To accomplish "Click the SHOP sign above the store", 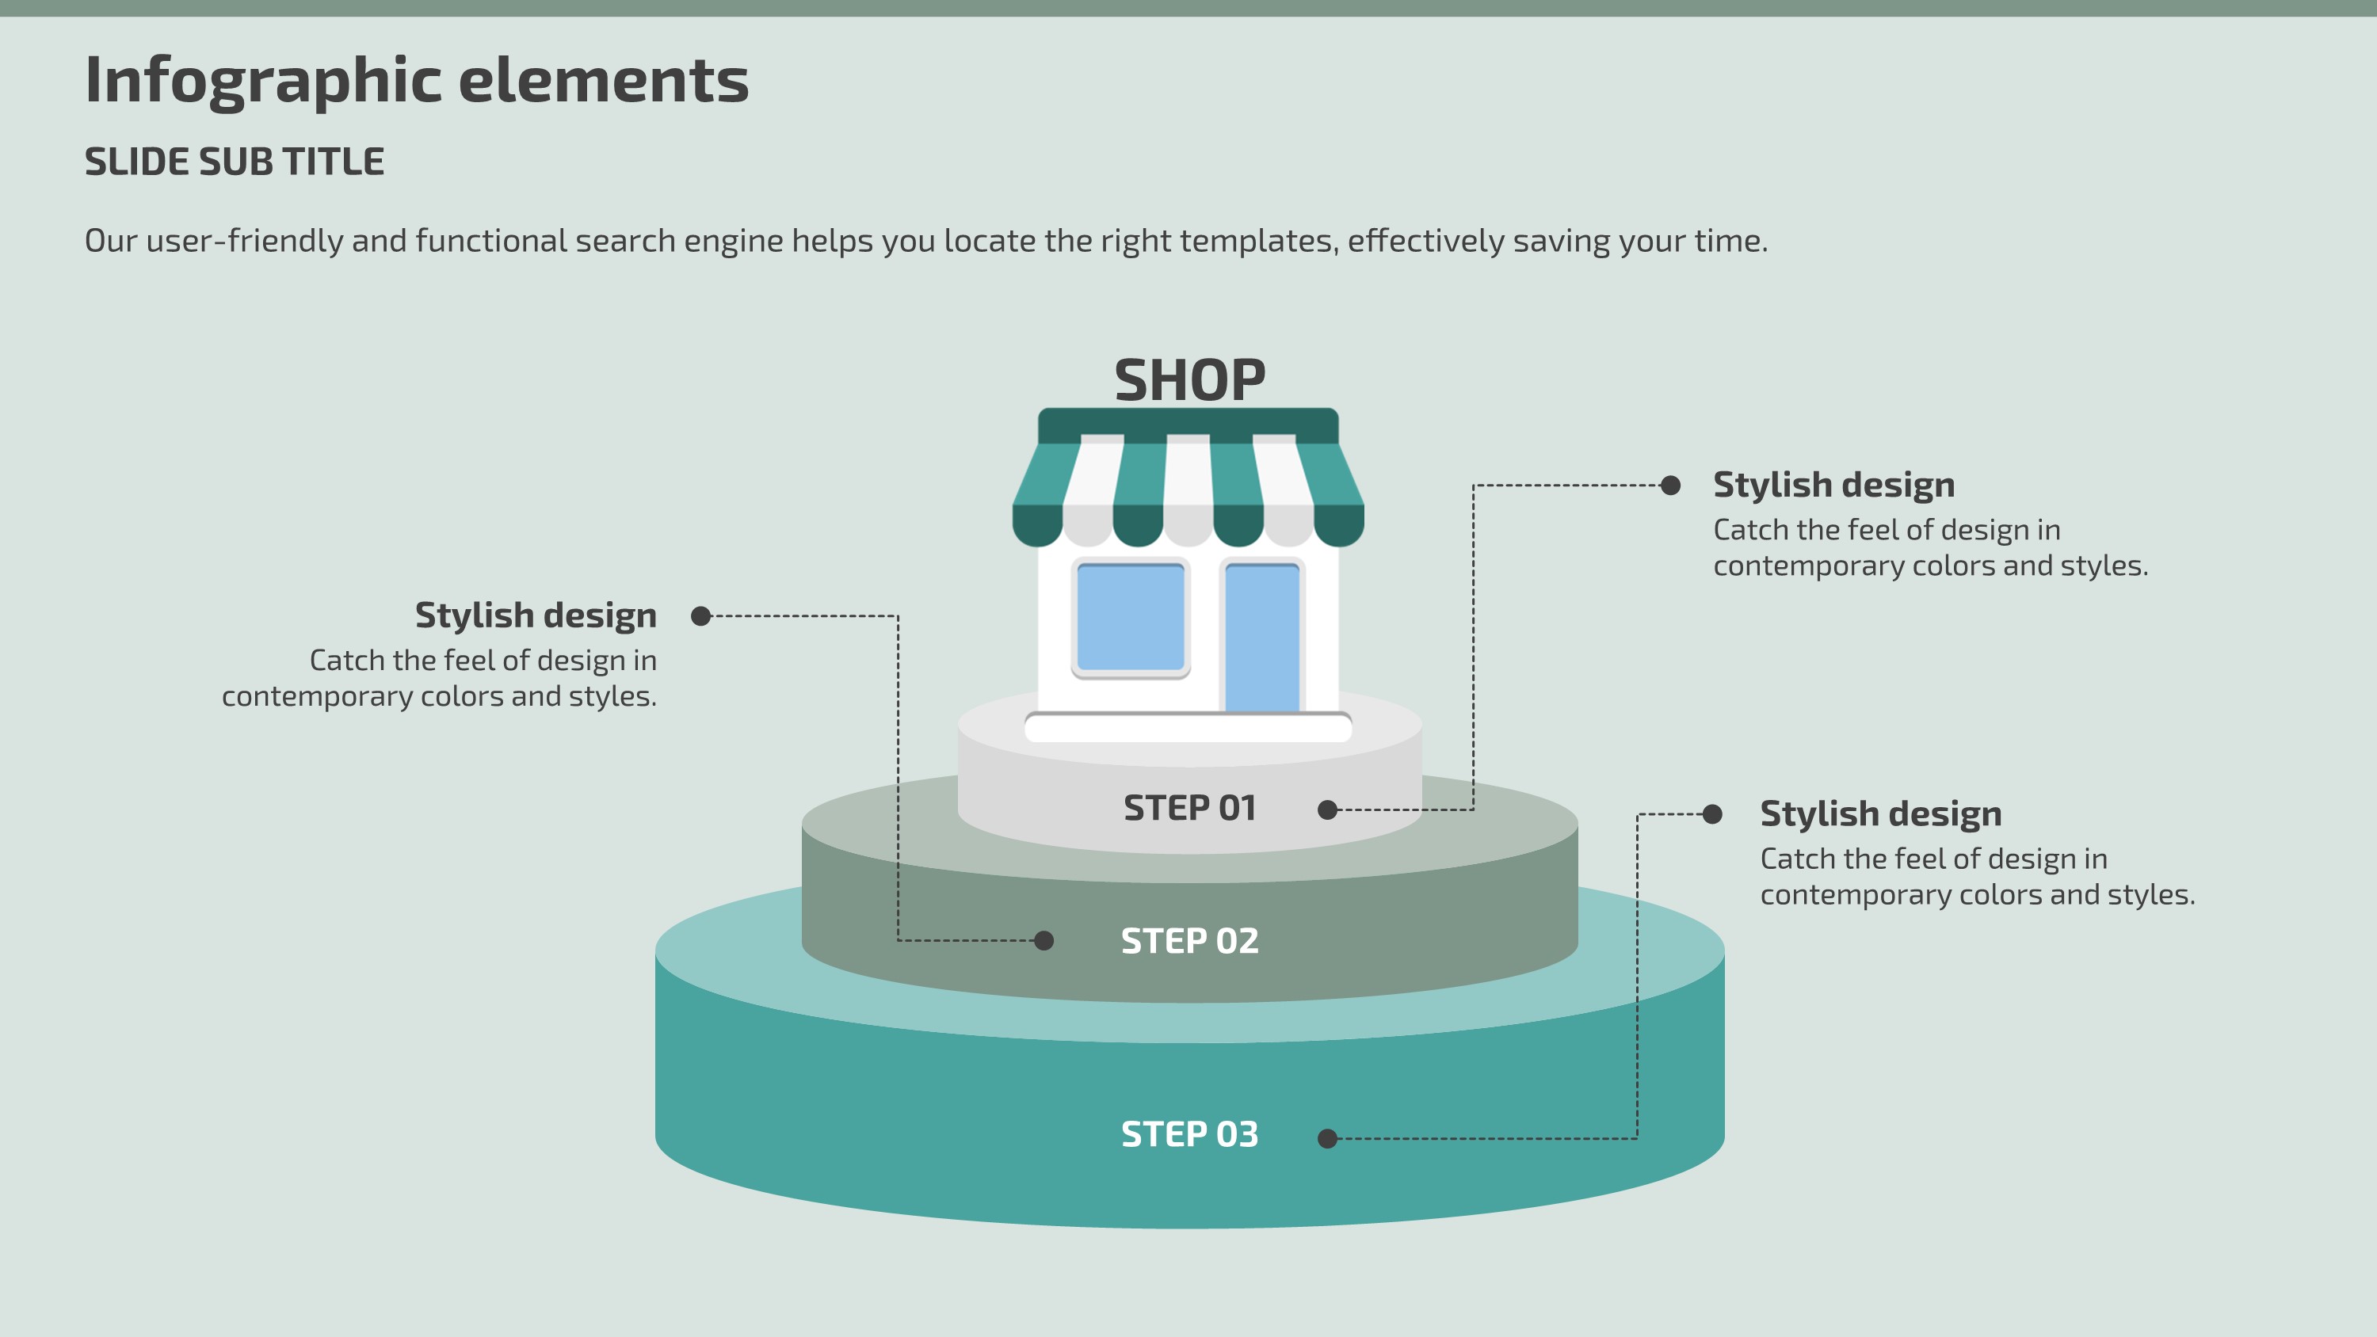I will (1189, 380).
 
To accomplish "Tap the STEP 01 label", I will (1189, 808).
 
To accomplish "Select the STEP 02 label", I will (1189, 941).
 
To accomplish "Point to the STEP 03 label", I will (1189, 1134).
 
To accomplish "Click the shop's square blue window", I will (1131, 616).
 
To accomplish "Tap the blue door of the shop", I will (1261, 637).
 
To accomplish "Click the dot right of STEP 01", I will (1328, 810).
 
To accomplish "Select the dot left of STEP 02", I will (1044, 940).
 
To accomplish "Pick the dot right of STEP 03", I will (1328, 1139).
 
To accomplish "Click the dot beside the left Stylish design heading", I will (701, 615).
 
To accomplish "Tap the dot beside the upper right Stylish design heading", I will (1670, 486).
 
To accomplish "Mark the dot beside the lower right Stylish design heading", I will (1712, 813).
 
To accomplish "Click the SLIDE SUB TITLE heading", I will (235, 162).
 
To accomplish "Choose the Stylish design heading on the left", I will (535, 615).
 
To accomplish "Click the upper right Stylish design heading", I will (1833, 486).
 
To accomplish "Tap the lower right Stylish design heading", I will (1880, 813).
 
